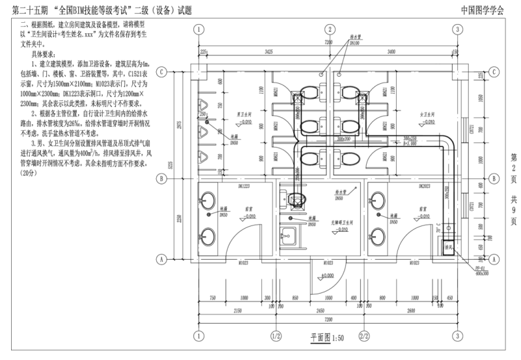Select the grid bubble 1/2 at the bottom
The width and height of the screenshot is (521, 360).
pyautogui.click(x=275, y=336)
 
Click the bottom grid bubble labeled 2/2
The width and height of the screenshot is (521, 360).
pyautogui.click(x=365, y=336)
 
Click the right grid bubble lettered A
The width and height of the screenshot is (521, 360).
pyautogui.click(x=494, y=258)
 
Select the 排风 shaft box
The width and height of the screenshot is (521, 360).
pyautogui.click(x=448, y=248)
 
